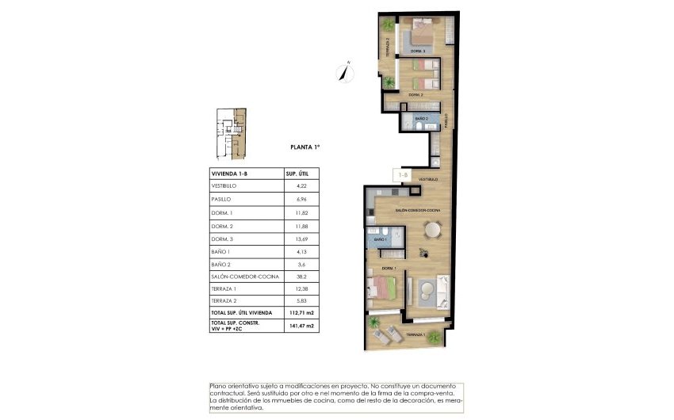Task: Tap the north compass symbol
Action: tap(344, 71)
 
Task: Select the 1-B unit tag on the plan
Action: tap(403, 175)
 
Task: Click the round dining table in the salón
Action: tap(433, 231)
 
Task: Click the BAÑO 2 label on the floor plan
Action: tap(421, 119)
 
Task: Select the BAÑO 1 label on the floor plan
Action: tap(379, 239)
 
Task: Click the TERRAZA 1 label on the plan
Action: tap(416, 336)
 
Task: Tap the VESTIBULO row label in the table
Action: tap(224, 185)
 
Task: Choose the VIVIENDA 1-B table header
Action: tap(230, 172)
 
